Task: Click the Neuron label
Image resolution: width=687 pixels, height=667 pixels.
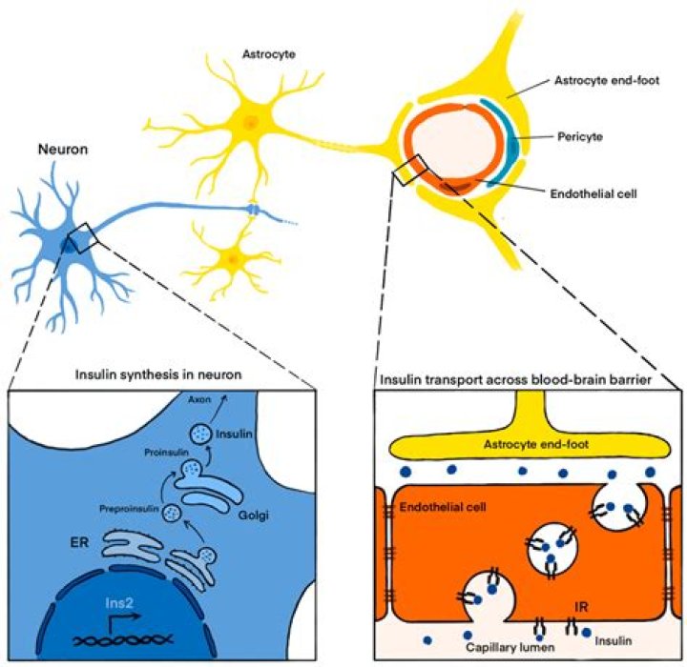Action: click(x=63, y=150)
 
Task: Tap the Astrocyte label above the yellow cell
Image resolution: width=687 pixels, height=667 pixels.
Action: click(x=269, y=54)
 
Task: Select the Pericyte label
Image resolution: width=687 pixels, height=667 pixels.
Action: click(x=580, y=137)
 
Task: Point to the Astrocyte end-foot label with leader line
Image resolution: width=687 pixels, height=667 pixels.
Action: click(x=607, y=81)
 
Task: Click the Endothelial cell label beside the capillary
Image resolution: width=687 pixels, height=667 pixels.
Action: click(x=593, y=193)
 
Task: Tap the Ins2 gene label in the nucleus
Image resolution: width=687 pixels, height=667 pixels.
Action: click(x=119, y=603)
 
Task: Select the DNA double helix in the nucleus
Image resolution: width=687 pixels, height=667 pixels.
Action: click(x=123, y=640)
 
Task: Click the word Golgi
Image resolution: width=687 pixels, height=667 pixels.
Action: click(x=253, y=515)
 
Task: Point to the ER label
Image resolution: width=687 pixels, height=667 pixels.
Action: click(x=79, y=543)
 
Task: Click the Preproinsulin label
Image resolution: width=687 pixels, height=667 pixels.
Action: click(x=129, y=509)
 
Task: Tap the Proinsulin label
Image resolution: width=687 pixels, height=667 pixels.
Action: click(x=166, y=453)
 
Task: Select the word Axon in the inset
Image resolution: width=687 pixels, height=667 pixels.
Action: click(x=199, y=399)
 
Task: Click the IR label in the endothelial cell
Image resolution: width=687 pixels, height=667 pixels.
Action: click(x=581, y=607)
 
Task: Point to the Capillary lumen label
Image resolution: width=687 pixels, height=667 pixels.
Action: click(x=510, y=647)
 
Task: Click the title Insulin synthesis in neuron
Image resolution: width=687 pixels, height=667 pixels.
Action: click(x=158, y=374)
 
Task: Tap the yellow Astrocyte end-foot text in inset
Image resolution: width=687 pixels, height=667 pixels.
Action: click(x=536, y=445)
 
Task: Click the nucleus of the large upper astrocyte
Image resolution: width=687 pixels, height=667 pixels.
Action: click(x=251, y=123)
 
